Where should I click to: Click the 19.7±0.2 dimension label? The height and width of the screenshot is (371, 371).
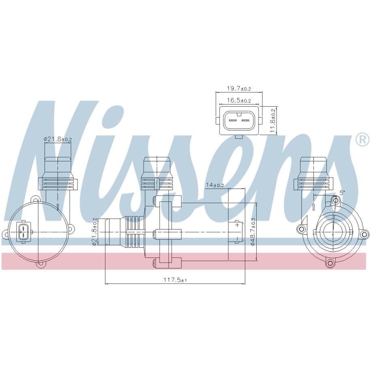[239, 89]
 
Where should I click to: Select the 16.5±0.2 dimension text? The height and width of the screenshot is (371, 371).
[239, 100]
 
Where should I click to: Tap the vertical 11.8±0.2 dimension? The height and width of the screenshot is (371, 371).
[273, 121]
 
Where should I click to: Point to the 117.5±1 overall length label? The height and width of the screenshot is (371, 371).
[175, 280]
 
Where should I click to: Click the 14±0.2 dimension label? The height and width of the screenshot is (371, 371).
[214, 185]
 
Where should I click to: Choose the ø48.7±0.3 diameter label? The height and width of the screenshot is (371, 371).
[252, 232]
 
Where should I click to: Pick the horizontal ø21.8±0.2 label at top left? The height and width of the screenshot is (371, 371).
[58, 139]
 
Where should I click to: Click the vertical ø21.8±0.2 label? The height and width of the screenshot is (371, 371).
[94, 232]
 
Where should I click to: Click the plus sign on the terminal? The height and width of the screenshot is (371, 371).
[237, 225]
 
